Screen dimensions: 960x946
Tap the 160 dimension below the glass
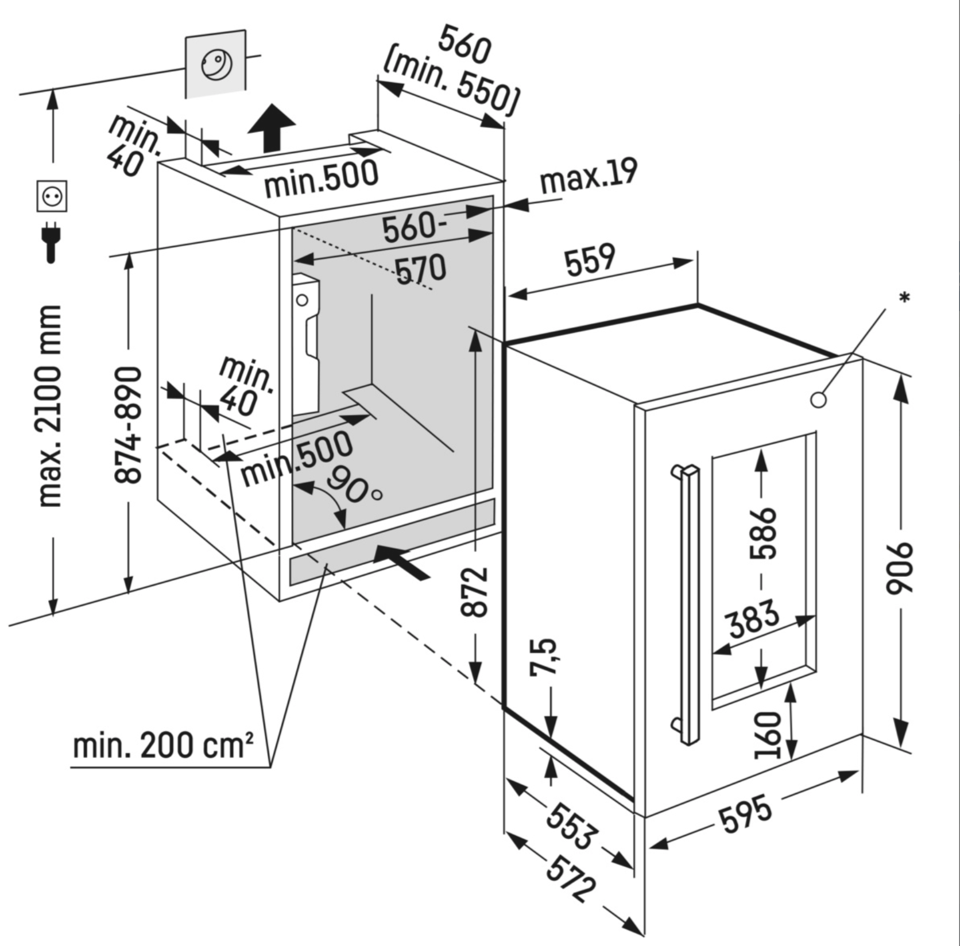click(x=768, y=734)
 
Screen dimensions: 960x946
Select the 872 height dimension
click(x=475, y=591)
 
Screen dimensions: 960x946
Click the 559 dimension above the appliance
click(x=590, y=260)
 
